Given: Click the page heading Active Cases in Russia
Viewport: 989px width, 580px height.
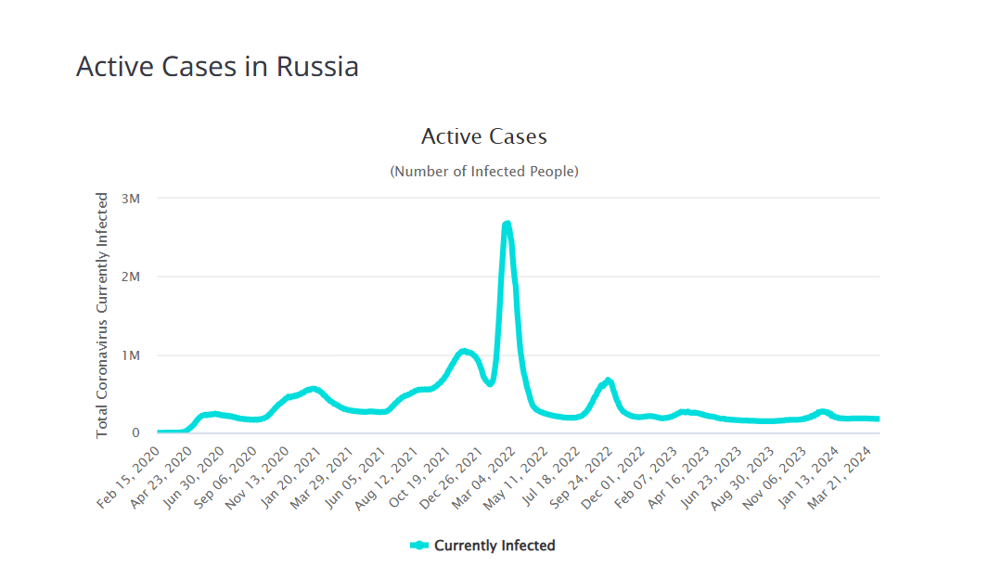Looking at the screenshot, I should (217, 67).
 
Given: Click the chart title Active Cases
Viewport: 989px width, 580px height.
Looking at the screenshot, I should (483, 136).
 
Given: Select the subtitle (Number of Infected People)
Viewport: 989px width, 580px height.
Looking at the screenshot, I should (483, 172).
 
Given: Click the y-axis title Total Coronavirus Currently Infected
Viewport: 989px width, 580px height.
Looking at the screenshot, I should (103, 316).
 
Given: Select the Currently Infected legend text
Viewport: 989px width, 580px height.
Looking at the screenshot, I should (494, 546).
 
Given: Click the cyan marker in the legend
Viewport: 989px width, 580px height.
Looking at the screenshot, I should (419, 546).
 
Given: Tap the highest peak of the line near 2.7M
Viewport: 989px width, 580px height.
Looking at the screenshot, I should (507, 225).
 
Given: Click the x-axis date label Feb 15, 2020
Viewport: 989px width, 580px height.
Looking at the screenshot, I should (130, 478).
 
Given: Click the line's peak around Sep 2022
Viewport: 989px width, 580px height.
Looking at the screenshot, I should (608, 380).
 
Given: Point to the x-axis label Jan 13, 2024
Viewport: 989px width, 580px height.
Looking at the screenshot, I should (817, 478).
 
